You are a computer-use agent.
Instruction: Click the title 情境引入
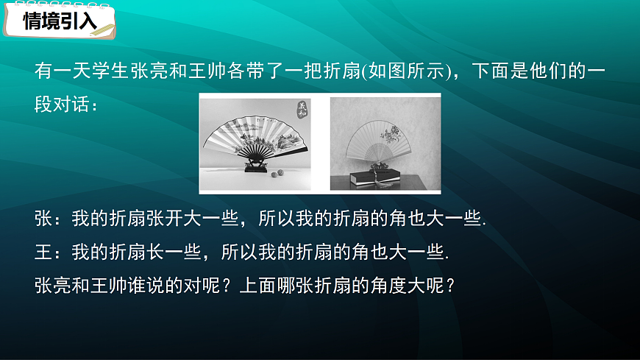tap(60, 21)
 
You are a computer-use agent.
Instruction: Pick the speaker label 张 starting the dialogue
tap(43, 219)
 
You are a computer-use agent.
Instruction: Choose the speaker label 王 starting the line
tap(43, 252)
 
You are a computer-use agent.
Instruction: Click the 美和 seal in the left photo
tap(302, 110)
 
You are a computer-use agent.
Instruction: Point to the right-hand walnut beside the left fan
tap(280, 174)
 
